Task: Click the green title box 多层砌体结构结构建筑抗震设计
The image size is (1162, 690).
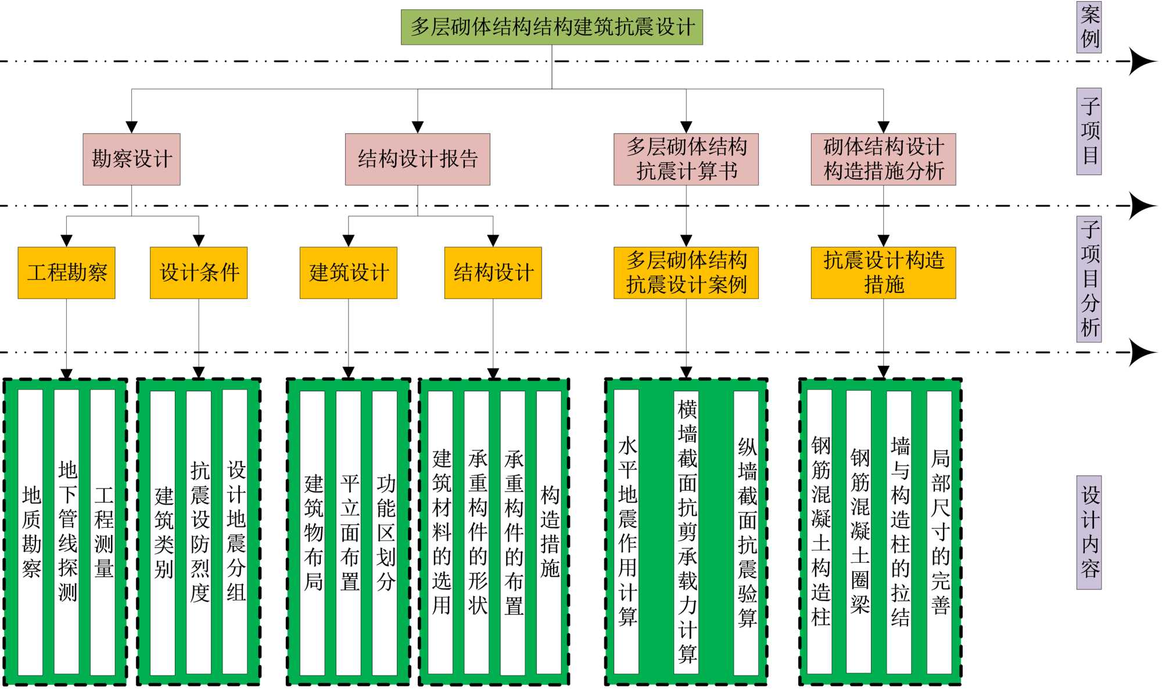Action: click(x=551, y=27)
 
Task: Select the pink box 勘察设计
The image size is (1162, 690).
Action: click(x=131, y=159)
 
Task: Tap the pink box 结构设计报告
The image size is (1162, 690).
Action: click(x=417, y=159)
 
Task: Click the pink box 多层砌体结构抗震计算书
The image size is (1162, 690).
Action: click(x=686, y=159)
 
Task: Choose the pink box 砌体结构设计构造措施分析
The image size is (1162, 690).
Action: click(x=883, y=159)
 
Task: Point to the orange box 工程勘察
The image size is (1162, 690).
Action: click(x=66, y=273)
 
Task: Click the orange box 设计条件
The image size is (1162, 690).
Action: click(x=199, y=273)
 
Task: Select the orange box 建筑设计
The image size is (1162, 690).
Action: click(x=349, y=273)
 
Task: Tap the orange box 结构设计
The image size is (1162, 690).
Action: click(x=493, y=273)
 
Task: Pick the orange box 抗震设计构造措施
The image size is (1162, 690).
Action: click(x=883, y=273)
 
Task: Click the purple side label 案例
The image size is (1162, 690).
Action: click(x=1089, y=27)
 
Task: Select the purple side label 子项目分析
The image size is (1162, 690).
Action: click(x=1089, y=279)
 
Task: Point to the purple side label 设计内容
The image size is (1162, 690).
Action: click(x=1089, y=532)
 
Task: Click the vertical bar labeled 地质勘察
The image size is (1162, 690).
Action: click(x=31, y=532)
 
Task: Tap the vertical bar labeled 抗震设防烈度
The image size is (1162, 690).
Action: click(x=199, y=532)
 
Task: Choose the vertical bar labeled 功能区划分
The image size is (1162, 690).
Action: click(x=385, y=532)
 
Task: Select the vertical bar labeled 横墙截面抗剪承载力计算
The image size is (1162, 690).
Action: click(x=686, y=532)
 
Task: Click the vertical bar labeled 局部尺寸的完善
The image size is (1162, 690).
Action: click(x=939, y=532)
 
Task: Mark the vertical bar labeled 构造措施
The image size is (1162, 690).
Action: click(x=549, y=532)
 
